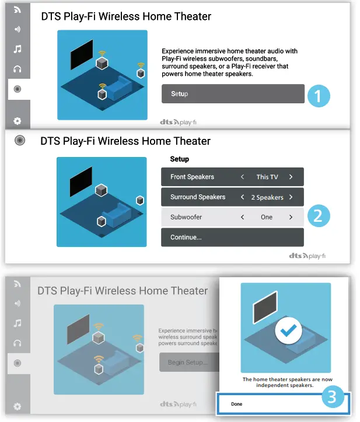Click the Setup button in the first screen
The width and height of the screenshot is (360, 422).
click(x=232, y=94)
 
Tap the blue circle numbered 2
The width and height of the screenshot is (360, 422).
click(x=318, y=216)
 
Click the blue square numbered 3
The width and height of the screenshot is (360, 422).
click(x=331, y=397)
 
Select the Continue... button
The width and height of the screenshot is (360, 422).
click(x=232, y=238)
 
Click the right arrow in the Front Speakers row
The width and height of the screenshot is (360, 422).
click(x=291, y=177)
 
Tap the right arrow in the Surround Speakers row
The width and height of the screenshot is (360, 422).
click(x=291, y=197)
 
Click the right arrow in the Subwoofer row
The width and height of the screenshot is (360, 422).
click(x=291, y=217)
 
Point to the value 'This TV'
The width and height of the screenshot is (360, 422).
click(x=267, y=177)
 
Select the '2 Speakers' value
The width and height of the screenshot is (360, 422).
click(x=267, y=197)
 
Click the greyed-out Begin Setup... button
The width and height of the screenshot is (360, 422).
click(x=187, y=362)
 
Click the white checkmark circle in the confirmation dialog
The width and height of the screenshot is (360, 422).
click(x=285, y=331)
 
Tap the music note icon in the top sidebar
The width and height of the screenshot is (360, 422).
click(x=18, y=49)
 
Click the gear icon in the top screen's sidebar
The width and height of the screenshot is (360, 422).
click(x=18, y=121)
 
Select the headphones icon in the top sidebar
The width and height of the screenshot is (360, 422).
click(x=18, y=69)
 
